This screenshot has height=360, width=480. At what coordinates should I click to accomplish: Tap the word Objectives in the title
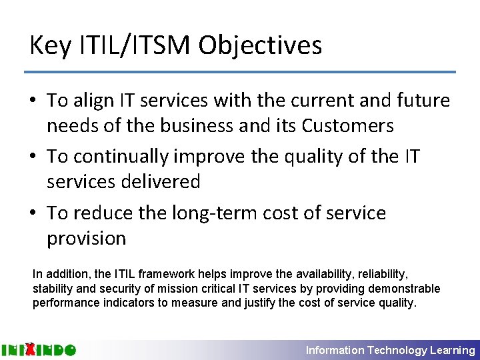tap(260, 45)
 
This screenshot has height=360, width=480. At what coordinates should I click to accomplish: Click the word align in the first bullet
tap(95, 101)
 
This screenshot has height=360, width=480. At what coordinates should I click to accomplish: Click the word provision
tap(86, 238)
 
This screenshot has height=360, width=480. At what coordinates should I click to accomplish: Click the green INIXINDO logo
tap(39, 349)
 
